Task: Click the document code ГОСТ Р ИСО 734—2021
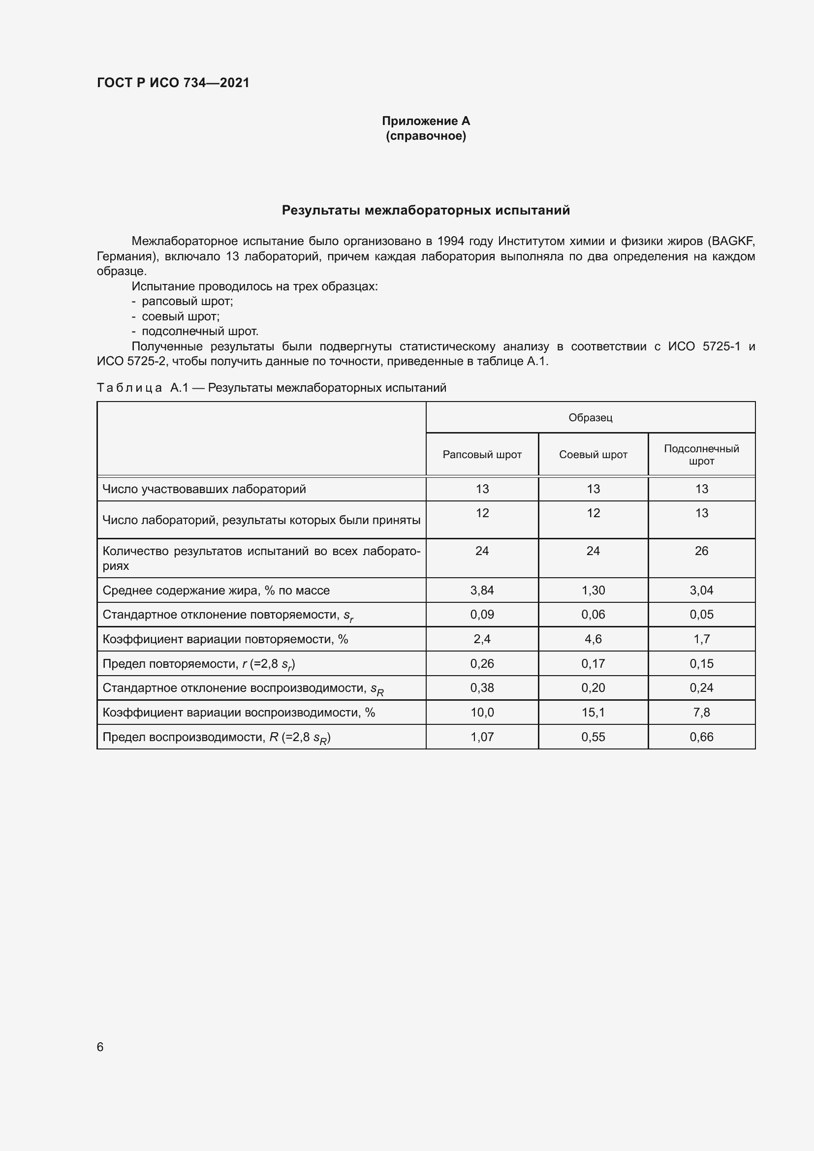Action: (x=173, y=83)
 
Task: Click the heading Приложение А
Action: (x=426, y=121)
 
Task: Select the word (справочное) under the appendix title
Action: (x=426, y=136)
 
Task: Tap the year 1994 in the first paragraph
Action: (x=450, y=241)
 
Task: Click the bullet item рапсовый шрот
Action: (x=187, y=301)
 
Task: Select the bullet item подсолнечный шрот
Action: (x=199, y=331)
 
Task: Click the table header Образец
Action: (x=590, y=418)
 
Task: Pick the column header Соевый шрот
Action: (x=593, y=455)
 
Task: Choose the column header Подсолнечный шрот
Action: (x=701, y=455)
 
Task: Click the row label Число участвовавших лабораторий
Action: (x=204, y=489)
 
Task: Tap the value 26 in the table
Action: (x=701, y=551)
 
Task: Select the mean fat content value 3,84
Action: (x=482, y=591)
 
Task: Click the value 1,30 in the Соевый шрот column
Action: (x=593, y=591)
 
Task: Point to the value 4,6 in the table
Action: (x=593, y=639)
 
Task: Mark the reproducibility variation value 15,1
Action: (x=593, y=713)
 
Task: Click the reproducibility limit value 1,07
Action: (x=482, y=737)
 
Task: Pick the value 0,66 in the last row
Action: (x=701, y=737)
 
